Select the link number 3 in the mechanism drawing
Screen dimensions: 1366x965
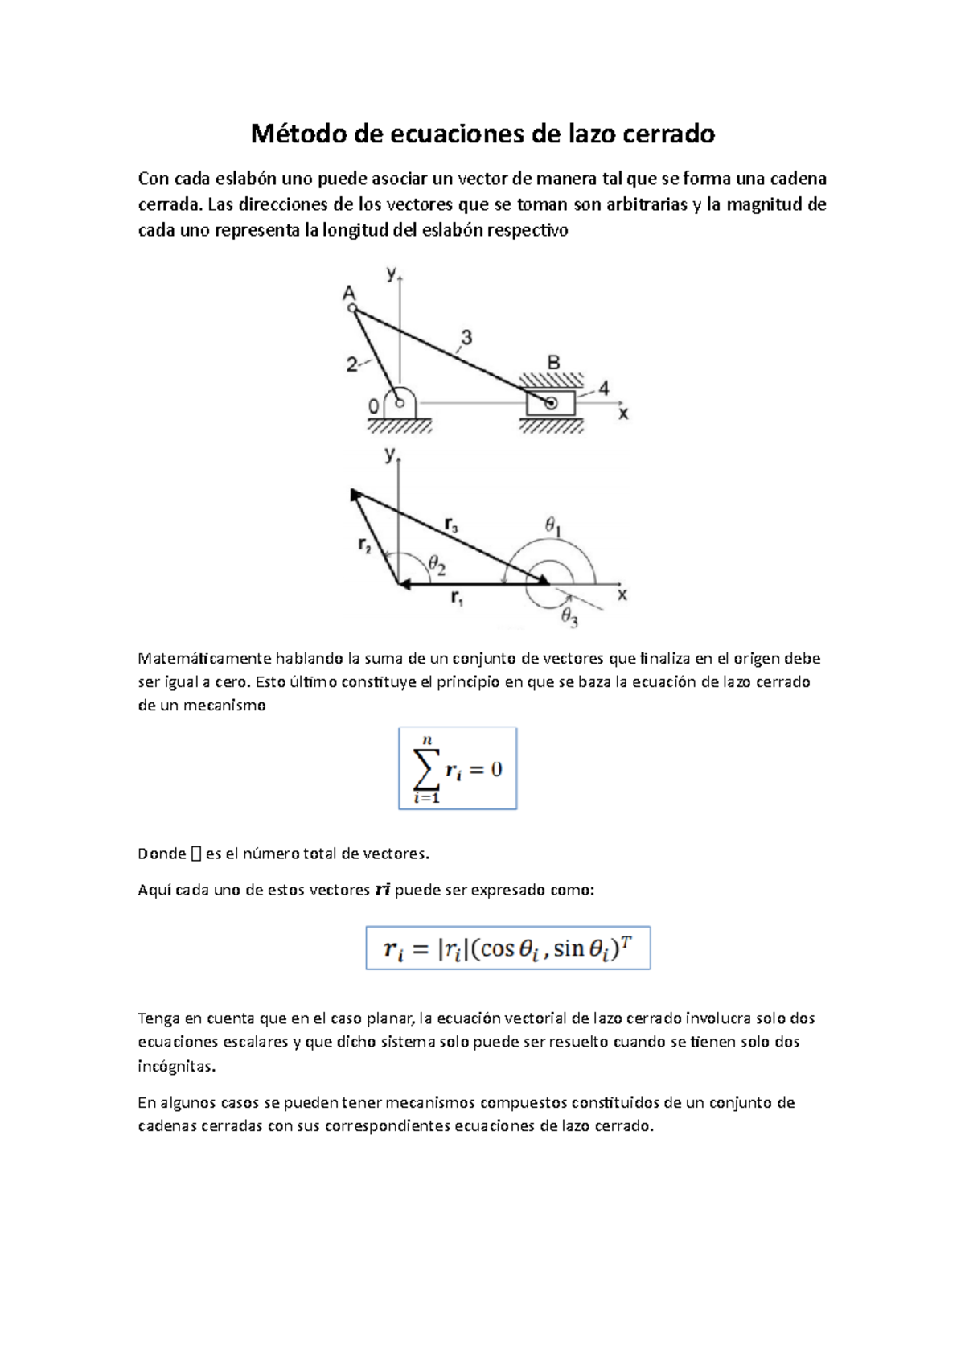click(x=466, y=337)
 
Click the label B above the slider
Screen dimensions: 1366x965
click(x=553, y=363)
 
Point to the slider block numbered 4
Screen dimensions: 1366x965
click(x=551, y=403)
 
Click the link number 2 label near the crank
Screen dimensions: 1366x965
click(x=351, y=364)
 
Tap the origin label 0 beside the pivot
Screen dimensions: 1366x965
click(x=373, y=407)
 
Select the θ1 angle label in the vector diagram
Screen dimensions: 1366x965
click(x=553, y=526)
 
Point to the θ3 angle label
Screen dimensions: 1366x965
click(x=569, y=618)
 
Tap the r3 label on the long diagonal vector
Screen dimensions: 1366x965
click(x=451, y=525)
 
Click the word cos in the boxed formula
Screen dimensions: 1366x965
click(x=497, y=949)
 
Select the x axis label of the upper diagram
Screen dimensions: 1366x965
click(x=623, y=414)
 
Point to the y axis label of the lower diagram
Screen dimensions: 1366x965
click(x=390, y=455)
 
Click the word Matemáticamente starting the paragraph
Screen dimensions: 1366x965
click(x=204, y=658)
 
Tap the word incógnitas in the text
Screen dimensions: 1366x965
click(x=177, y=1067)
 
